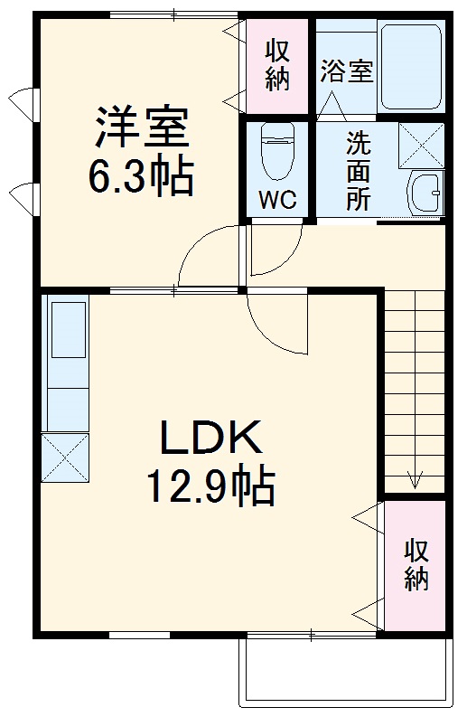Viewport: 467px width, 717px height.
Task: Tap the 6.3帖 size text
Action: tap(140, 179)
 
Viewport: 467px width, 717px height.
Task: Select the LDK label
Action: tap(211, 439)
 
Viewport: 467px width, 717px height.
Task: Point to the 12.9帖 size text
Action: tap(211, 488)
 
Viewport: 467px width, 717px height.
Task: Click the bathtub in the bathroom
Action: tap(411, 65)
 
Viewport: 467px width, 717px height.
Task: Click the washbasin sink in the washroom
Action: tap(424, 192)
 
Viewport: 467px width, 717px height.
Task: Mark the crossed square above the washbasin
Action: tap(421, 142)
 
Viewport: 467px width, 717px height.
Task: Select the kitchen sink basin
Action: tap(68, 329)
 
